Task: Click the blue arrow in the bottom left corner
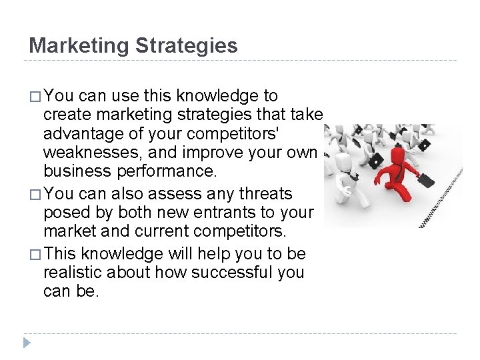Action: tap(26, 343)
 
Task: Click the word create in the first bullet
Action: tap(66, 115)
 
